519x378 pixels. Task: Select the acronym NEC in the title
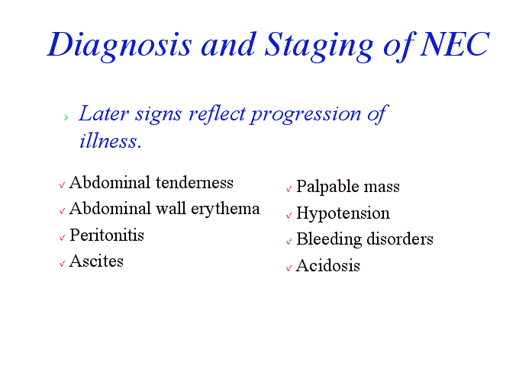click(454, 44)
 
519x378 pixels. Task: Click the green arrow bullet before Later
click(66, 117)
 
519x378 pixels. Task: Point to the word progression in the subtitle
click(305, 114)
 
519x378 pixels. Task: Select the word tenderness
click(195, 183)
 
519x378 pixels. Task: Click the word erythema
click(225, 210)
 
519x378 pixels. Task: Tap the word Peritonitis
click(107, 235)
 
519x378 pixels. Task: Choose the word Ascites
click(96, 261)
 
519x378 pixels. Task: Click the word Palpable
click(327, 187)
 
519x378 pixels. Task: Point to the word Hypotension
click(343, 213)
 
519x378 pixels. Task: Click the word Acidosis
click(328, 266)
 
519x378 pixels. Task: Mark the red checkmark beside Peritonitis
click(62, 238)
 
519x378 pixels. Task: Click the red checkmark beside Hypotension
click(289, 216)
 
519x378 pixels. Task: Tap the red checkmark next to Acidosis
click(289, 267)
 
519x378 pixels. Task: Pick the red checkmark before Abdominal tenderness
click(62, 185)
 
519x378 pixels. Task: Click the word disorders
click(400, 239)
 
